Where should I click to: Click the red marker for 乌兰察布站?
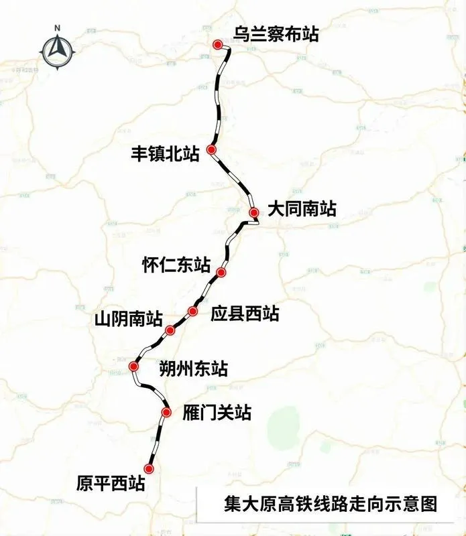[217, 44]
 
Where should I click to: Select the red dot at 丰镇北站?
[211, 150]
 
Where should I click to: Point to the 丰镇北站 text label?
[166, 154]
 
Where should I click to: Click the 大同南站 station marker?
[253, 213]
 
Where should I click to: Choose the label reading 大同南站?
[301, 208]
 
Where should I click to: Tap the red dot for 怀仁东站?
[221, 273]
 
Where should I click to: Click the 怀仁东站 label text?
[176, 265]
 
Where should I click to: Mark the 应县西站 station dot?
[193, 311]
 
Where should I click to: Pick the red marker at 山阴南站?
[170, 329]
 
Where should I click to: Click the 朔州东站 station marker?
[133, 366]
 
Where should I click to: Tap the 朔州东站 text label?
[193, 368]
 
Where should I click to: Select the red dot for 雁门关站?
[167, 412]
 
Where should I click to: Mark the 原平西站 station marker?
[149, 469]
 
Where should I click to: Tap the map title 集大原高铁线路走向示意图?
[329, 503]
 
